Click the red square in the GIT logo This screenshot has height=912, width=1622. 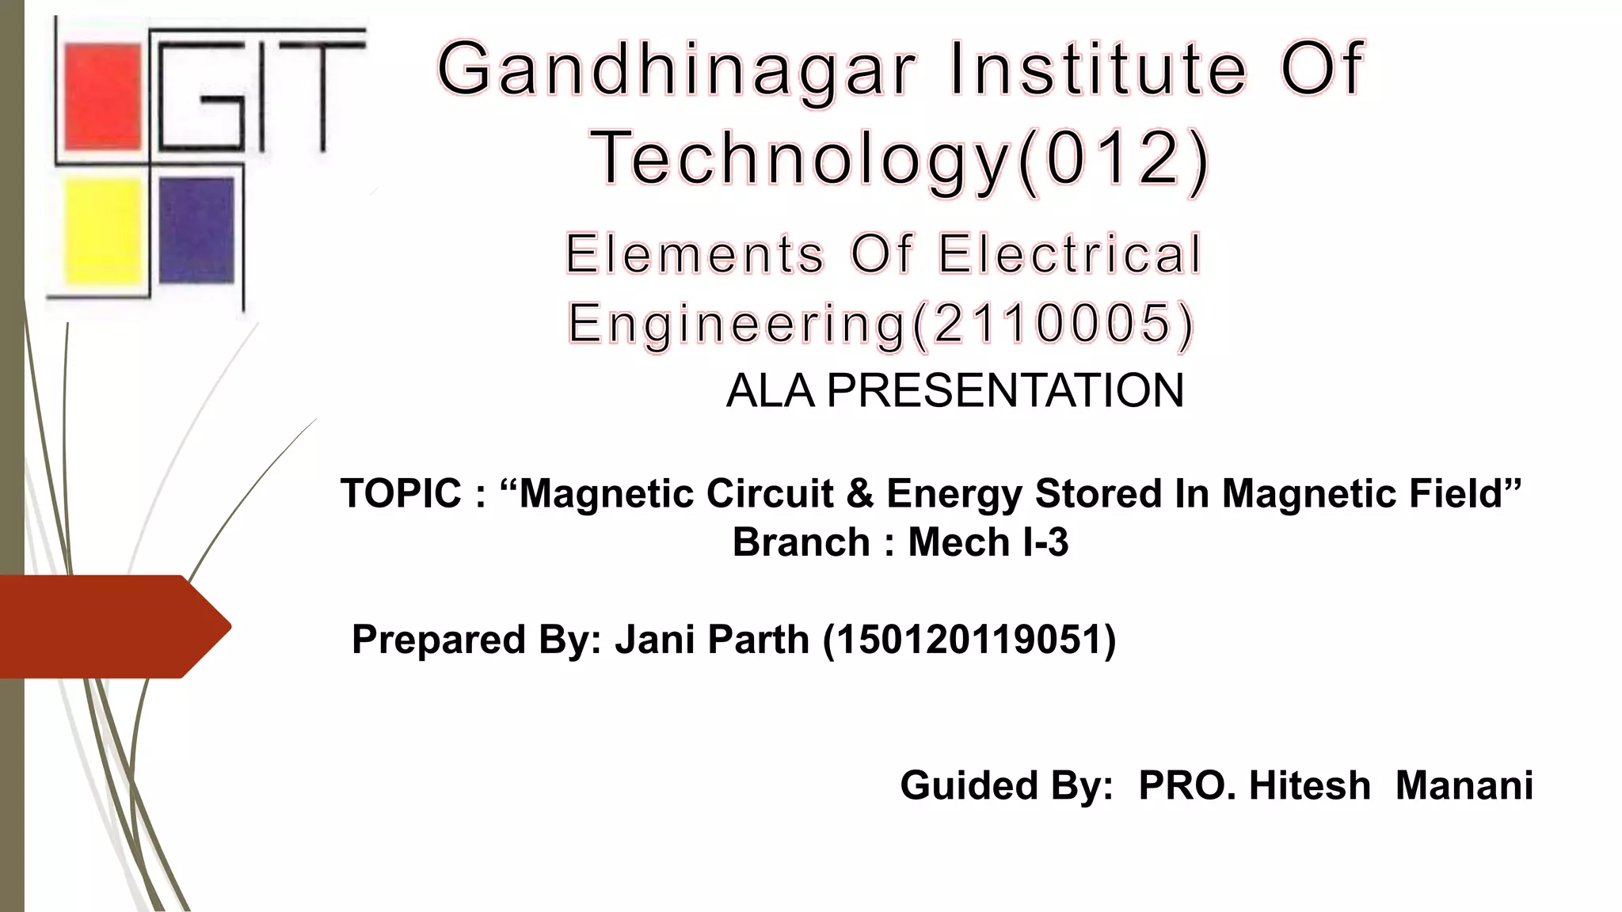[x=102, y=97]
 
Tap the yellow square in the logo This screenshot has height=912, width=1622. [x=103, y=230]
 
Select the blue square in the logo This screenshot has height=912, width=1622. [x=196, y=230]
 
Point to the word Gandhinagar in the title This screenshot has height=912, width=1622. [x=676, y=70]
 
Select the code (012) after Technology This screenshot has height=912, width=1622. [x=1114, y=159]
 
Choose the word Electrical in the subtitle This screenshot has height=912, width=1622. [x=1070, y=255]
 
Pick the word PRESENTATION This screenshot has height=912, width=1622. [x=1005, y=391]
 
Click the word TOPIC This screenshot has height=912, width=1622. [x=401, y=494]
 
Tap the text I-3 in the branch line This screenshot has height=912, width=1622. [x=1045, y=543]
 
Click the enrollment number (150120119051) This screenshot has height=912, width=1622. [x=969, y=640]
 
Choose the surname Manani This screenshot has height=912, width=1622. [x=1464, y=786]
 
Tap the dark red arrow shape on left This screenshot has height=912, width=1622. [x=111, y=626]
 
